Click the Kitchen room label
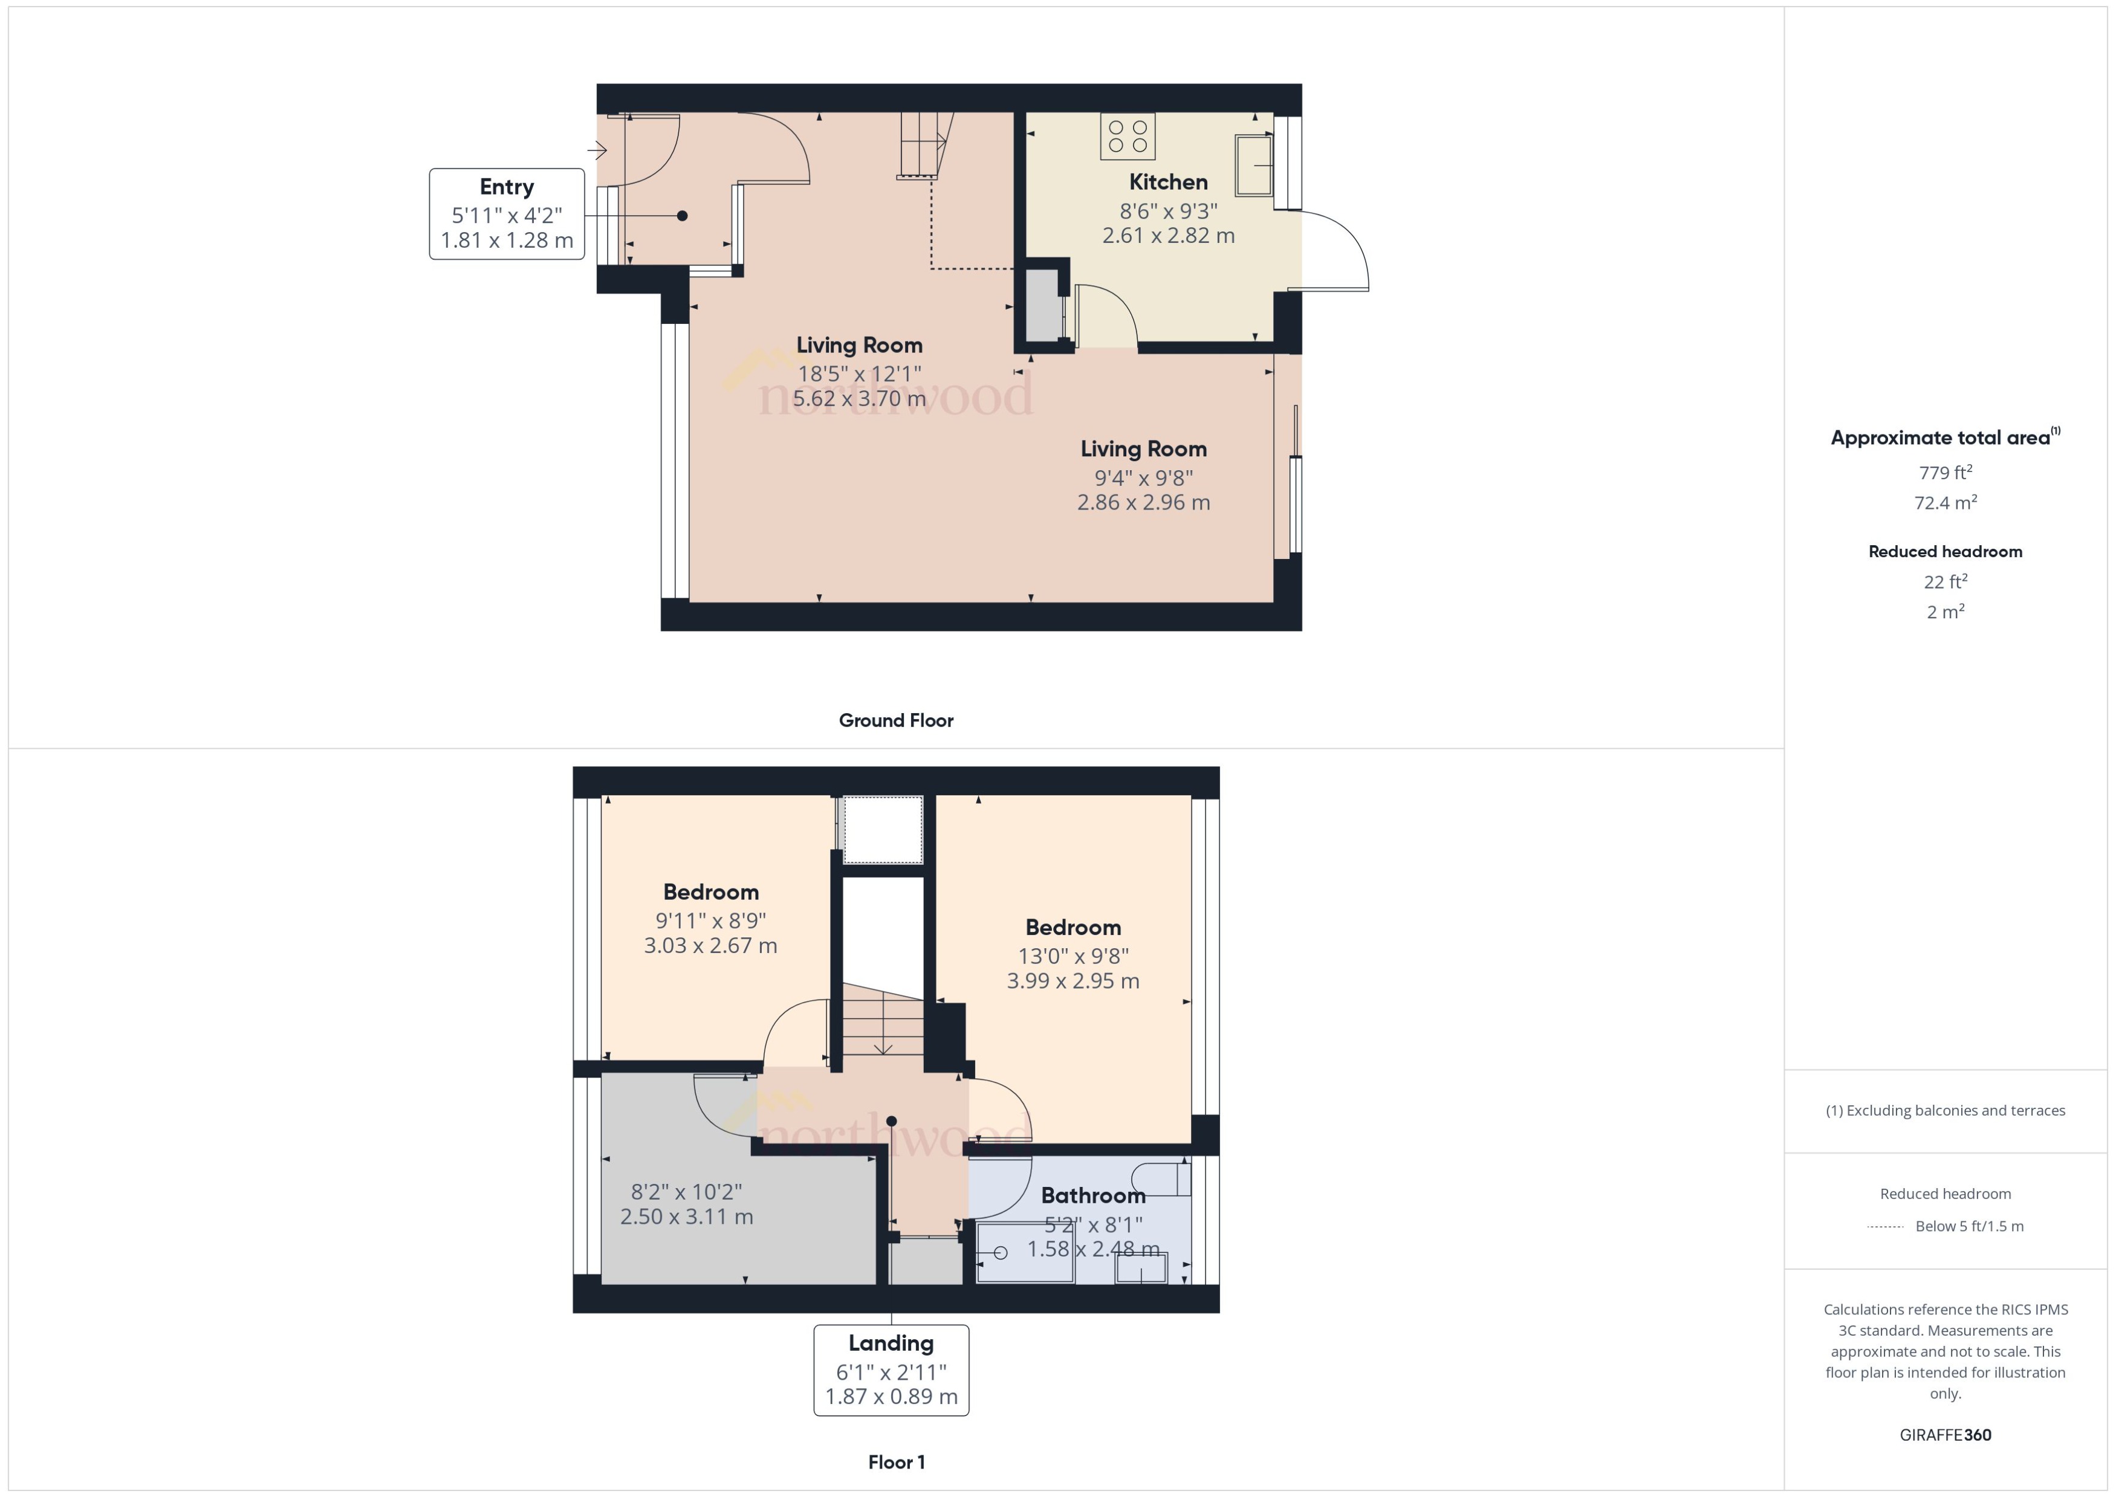point(1167,181)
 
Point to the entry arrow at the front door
point(597,149)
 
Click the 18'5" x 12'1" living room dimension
point(858,373)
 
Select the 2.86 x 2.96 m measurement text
point(1143,502)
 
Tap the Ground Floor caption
point(895,720)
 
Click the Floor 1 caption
point(896,1462)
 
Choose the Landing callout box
point(891,1370)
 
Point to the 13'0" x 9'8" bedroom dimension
point(1073,956)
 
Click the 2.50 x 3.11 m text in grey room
point(686,1217)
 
